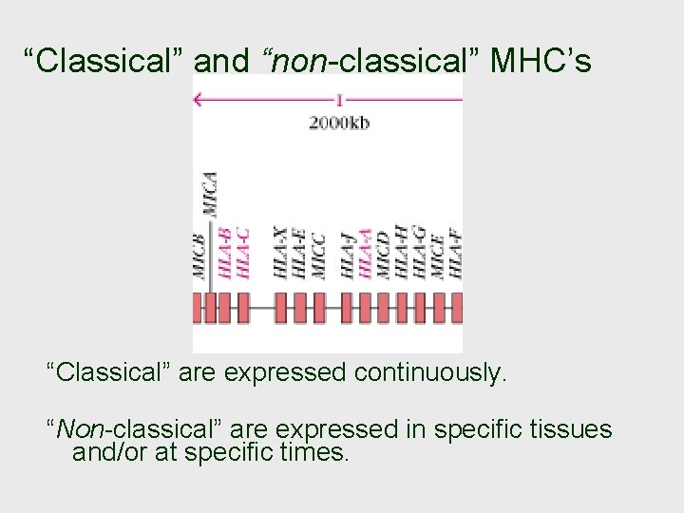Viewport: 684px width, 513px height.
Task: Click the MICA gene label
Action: point(209,196)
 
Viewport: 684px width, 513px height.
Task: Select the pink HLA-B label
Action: point(224,252)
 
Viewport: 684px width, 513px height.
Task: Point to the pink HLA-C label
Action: point(243,252)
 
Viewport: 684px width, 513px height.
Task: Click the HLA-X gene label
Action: point(280,252)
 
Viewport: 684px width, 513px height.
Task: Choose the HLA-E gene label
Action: point(299,252)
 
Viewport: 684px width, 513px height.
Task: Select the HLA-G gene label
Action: point(419,252)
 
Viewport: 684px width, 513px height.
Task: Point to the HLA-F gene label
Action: point(457,253)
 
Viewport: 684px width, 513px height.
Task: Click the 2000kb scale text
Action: point(338,122)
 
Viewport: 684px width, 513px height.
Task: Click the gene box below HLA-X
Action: point(281,307)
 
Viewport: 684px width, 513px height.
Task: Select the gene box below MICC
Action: point(319,307)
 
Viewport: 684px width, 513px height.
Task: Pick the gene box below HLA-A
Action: point(366,307)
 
